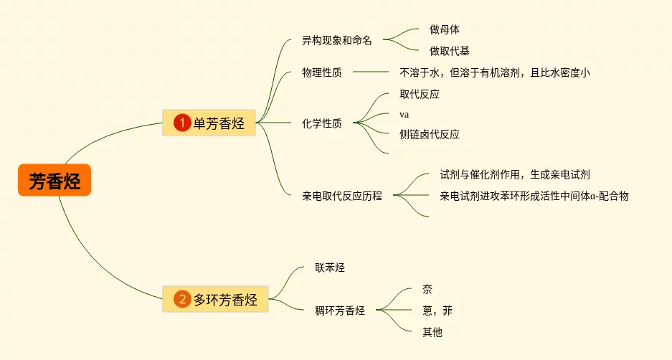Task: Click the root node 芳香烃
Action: click(55, 181)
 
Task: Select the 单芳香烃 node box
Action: click(209, 123)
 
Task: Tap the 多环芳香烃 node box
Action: click(215, 299)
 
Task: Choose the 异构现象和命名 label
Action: click(337, 40)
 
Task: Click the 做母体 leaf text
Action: click(445, 29)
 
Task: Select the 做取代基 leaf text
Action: click(450, 51)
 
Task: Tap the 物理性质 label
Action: click(322, 72)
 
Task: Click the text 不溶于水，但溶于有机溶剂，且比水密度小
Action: click(494, 72)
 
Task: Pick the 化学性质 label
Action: click(322, 123)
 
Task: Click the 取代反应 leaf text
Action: click(420, 94)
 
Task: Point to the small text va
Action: click(404, 115)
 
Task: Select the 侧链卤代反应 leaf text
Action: click(430, 134)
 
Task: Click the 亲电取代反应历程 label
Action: click(342, 195)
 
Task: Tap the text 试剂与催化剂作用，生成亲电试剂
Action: click(515, 174)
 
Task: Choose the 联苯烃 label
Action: click(330, 267)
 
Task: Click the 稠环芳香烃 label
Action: click(340, 311)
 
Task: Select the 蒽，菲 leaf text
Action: click(437, 311)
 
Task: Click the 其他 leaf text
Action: click(432, 332)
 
